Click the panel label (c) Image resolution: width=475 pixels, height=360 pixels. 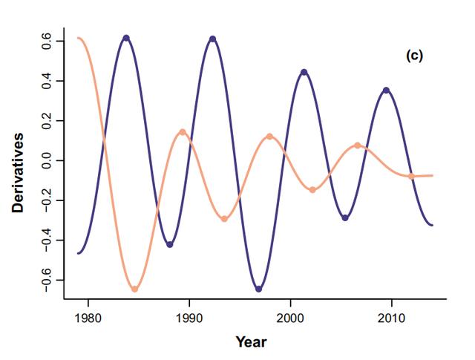414,56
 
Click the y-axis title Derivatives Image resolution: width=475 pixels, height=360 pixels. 18,172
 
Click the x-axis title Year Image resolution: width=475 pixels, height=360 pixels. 251,341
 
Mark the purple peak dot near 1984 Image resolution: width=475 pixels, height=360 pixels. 126,38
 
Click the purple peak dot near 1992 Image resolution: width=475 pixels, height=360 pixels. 212,39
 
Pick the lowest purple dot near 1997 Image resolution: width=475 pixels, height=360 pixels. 258,289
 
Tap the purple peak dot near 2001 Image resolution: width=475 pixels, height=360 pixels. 304,72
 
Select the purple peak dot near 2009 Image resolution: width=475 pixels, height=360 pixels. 386,91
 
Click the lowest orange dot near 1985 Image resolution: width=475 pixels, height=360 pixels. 135,289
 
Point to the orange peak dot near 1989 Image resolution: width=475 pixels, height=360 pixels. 182,132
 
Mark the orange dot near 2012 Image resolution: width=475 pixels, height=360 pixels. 411,176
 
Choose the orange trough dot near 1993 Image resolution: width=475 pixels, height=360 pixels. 224,219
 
